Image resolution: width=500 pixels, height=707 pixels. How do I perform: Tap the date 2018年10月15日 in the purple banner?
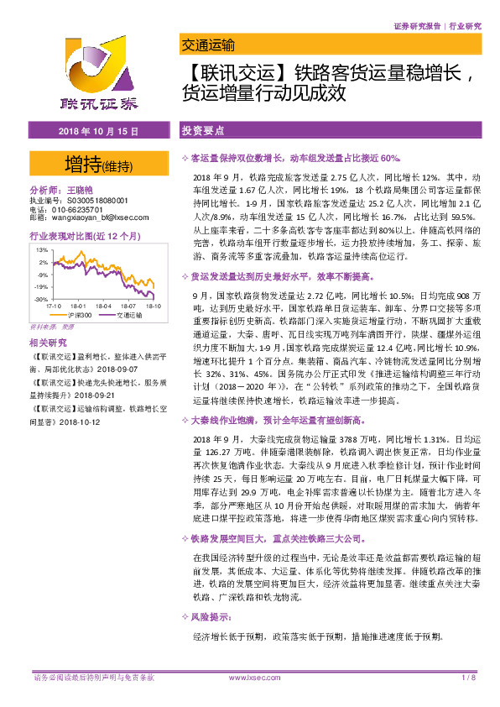tap(98, 131)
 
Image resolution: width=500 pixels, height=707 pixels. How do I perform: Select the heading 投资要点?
tap(203, 131)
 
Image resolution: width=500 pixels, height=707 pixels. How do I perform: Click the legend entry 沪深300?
tap(73, 316)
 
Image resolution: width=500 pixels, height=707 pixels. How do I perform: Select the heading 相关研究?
tap(47, 343)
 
